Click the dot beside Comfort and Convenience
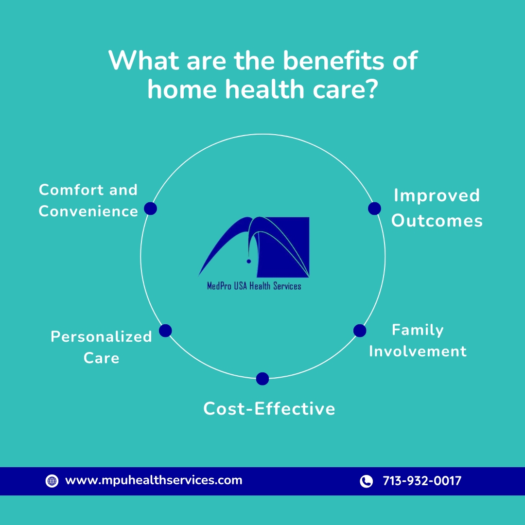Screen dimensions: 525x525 (150, 209)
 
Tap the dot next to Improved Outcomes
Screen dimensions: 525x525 (374, 209)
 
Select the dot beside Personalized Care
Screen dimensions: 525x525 (165, 331)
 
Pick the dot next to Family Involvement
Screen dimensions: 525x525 (360, 331)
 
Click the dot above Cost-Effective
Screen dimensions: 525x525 (262, 379)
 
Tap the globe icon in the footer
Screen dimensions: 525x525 (52, 481)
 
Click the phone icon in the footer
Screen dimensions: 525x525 (367, 481)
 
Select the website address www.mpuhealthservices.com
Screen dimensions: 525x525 (154, 480)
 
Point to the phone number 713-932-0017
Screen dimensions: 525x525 (422, 481)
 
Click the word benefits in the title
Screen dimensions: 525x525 (334, 61)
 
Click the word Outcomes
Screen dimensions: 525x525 (437, 221)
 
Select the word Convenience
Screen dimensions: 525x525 (88, 211)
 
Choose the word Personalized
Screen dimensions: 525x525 (102, 337)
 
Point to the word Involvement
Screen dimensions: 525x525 (418, 351)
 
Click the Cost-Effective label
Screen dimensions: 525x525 (269, 409)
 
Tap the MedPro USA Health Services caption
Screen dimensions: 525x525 (254, 286)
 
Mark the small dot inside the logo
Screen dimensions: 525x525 (249, 261)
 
